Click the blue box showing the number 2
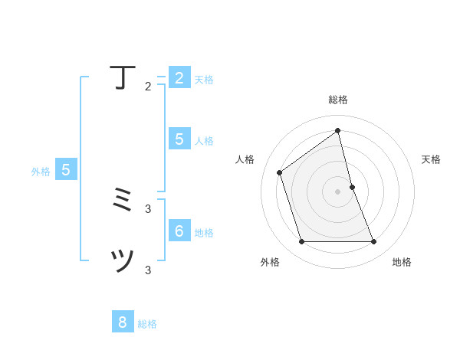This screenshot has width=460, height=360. click(x=179, y=78)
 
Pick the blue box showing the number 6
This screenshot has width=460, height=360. click(x=179, y=231)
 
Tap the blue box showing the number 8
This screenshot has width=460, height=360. click(x=123, y=322)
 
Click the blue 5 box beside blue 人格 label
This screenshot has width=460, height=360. click(x=179, y=139)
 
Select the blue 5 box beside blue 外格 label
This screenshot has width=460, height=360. click(x=66, y=170)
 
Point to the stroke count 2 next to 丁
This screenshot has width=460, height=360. click(x=148, y=87)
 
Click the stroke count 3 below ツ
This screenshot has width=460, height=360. click(x=148, y=270)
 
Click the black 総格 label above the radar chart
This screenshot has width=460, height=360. click(x=338, y=100)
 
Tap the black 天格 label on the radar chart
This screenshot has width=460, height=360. click(x=431, y=159)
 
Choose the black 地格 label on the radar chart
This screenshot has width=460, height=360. click(x=402, y=262)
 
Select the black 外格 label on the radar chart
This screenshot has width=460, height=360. click(x=270, y=262)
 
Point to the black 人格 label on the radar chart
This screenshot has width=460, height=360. click(x=245, y=159)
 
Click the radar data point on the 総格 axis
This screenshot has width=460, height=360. click(x=338, y=130)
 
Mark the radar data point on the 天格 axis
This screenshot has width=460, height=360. click(x=352, y=187)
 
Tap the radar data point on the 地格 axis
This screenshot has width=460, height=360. click(x=373, y=241)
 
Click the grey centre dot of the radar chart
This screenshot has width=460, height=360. click(x=338, y=191)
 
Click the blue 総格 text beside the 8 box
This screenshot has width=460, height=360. click(x=147, y=324)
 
